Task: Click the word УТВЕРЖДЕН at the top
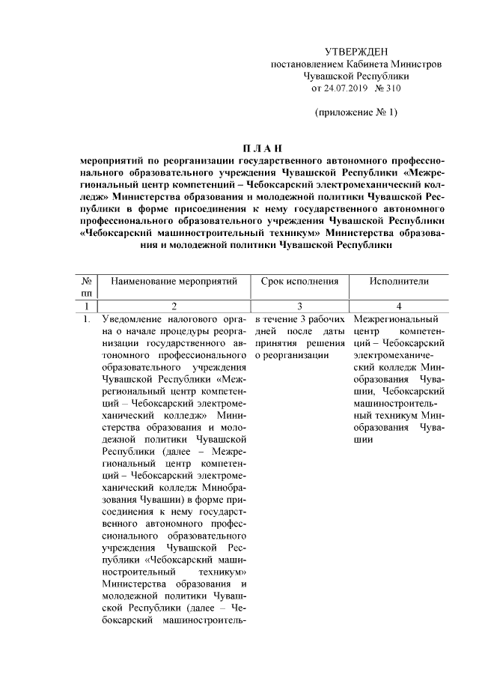[356, 51]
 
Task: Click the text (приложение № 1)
[356, 113]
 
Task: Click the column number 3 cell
[299, 306]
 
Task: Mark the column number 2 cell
[174, 306]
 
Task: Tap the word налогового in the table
[191, 318]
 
